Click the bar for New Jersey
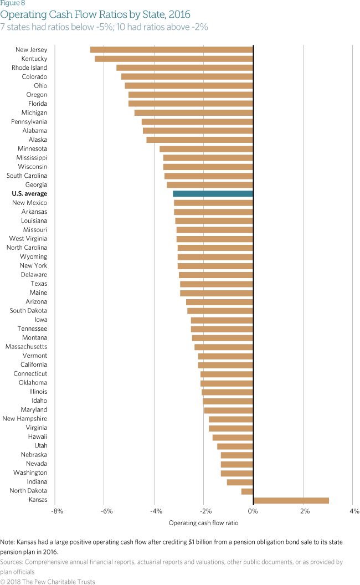click(x=172, y=50)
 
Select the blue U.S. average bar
click(x=213, y=194)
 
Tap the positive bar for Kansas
click(x=291, y=500)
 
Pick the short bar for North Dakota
click(x=247, y=491)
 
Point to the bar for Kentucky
click(x=174, y=59)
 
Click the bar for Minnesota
click(x=206, y=148)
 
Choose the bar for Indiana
click(x=240, y=482)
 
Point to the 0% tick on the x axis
click(x=253, y=511)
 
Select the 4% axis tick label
click(x=354, y=511)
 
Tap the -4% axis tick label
click(x=156, y=511)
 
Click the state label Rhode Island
click(x=29, y=68)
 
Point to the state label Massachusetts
click(x=26, y=347)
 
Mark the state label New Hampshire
click(x=25, y=419)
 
